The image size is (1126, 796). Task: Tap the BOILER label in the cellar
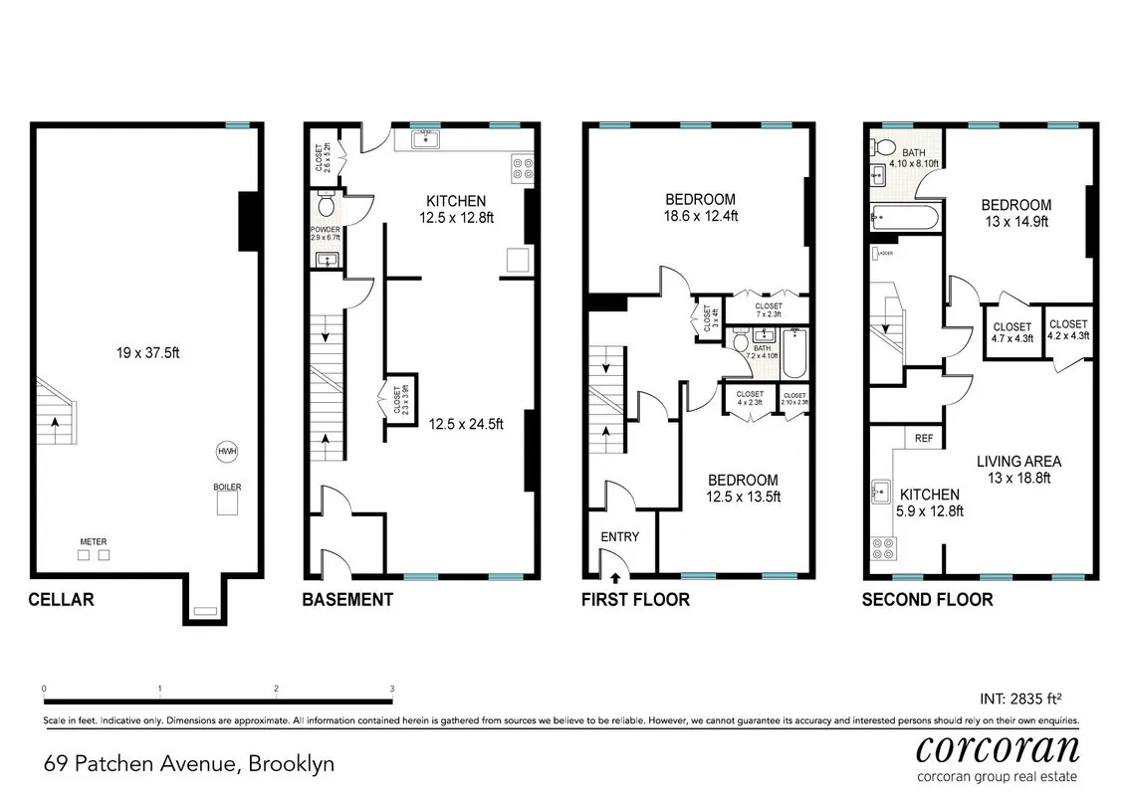(x=227, y=487)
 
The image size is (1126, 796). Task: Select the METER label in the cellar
(x=94, y=542)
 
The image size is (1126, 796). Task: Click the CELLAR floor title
(x=62, y=599)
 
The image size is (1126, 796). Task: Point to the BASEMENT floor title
(x=347, y=599)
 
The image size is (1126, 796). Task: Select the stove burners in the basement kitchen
(x=522, y=168)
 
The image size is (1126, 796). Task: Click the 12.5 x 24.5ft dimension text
(x=466, y=423)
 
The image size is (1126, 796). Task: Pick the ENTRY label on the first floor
(x=619, y=536)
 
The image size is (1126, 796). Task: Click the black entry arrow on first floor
(x=614, y=576)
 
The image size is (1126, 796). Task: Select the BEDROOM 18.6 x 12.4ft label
(x=701, y=206)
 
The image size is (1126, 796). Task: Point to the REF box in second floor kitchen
(x=923, y=437)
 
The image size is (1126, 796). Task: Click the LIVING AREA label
(x=1017, y=469)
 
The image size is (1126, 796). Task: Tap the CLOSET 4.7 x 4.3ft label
(x=1012, y=331)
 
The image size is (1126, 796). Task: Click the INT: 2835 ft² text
(x=1030, y=698)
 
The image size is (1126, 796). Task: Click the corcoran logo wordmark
(x=997, y=746)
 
